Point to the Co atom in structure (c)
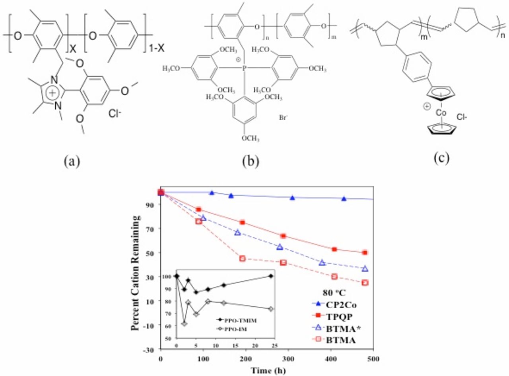(x=441, y=113)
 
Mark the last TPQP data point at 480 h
(x=365, y=253)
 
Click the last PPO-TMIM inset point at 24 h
(x=271, y=276)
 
